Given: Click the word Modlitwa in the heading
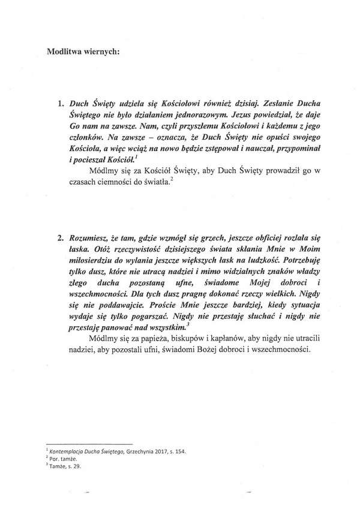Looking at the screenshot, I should coord(65,50).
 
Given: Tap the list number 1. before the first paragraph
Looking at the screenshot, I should coord(61,103).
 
